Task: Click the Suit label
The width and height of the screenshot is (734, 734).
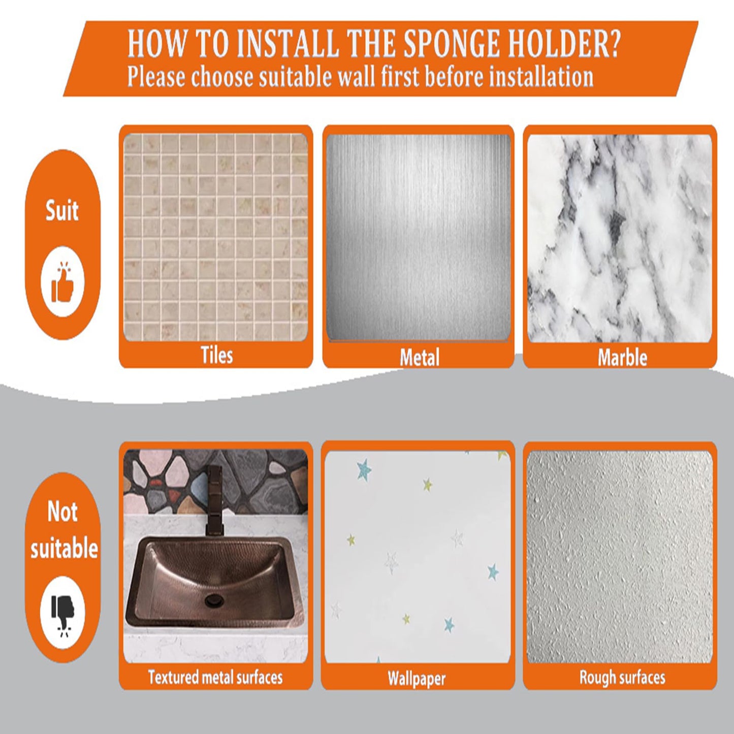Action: (61, 210)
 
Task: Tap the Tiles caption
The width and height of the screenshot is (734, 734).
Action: (216, 355)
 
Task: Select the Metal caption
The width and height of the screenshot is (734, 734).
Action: (420, 357)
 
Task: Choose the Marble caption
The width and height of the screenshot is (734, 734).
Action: (622, 357)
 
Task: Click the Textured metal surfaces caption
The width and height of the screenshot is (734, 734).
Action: (215, 677)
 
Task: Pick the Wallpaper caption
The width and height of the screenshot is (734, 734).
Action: (417, 679)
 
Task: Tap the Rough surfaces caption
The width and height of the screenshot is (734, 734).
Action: (622, 677)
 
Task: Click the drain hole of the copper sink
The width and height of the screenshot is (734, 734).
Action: (211, 601)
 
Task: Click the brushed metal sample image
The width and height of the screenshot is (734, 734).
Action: (418, 237)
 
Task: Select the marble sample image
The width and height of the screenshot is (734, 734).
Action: (620, 238)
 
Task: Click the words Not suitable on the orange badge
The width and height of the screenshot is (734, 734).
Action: (63, 530)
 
